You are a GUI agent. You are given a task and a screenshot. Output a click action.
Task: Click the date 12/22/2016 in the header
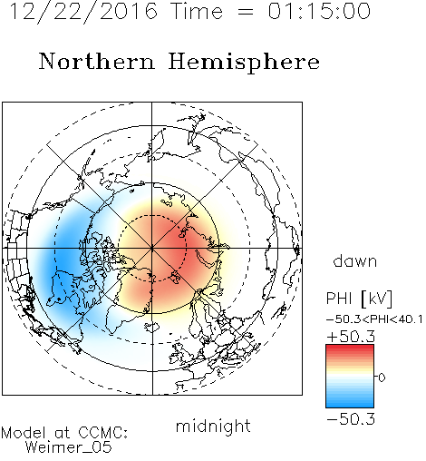(x=83, y=12)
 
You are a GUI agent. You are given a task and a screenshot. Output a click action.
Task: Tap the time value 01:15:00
(x=319, y=11)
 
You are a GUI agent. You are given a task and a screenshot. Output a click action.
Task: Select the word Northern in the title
(x=97, y=62)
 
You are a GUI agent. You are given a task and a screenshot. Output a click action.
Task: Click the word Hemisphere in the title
(x=244, y=63)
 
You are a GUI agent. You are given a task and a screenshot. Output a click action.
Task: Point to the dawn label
(x=355, y=260)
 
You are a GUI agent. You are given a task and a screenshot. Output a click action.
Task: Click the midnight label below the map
(x=213, y=426)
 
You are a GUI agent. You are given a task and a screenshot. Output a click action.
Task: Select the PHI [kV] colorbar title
(x=359, y=299)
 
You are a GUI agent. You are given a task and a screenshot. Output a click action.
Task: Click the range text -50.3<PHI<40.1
(x=374, y=319)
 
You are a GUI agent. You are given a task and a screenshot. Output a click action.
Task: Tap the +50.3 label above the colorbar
(x=351, y=337)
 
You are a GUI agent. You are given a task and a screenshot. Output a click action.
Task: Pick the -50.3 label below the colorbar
(x=351, y=418)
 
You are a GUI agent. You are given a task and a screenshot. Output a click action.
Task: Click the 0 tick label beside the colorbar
(x=382, y=378)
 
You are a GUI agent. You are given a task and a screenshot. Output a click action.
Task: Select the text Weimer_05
(x=69, y=447)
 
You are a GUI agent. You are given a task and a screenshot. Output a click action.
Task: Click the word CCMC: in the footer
(x=103, y=433)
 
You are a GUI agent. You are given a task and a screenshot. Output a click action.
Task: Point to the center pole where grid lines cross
(x=152, y=248)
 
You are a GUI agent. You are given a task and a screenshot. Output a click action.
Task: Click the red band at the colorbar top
(x=350, y=348)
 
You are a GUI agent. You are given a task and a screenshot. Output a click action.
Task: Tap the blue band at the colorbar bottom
(x=350, y=403)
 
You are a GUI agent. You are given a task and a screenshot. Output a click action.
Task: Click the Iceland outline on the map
(x=152, y=327)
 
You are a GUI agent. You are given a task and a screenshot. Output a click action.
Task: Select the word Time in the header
(x=197, y=11)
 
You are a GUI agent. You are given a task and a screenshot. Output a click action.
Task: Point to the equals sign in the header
(x=246, y=12)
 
